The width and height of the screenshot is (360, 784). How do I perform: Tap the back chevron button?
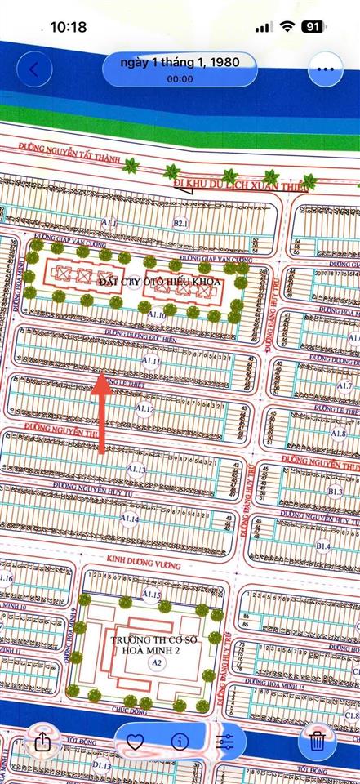click(x=33, y=69)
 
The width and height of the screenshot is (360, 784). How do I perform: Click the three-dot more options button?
click(x=326, y=69)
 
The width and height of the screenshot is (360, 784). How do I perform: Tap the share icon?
click(x=42, y=742)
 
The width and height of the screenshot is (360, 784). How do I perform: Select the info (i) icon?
click(x=180, y=742)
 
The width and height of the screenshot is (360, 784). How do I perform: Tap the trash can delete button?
click(x=318, y=742)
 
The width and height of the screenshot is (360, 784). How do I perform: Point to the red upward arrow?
click(x=101, y=412)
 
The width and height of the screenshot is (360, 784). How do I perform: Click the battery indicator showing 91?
click(x=312, y=27)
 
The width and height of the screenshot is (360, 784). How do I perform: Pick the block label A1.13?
click(x=136, y=470)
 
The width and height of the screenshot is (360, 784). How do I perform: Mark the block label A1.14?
click(x=130, y=519)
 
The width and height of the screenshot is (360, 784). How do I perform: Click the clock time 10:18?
click(x=68, y=27)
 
